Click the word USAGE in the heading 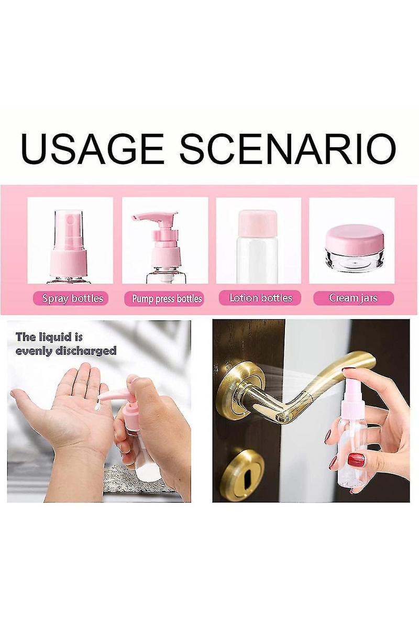click(x=93, y=149)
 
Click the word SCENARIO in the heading click(x=288, y=149)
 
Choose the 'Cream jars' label click(x=354, y=298)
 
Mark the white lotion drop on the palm click(x=97, y=407)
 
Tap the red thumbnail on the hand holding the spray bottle click(x=356, y=459)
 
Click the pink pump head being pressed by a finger click(x=118, y=396)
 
